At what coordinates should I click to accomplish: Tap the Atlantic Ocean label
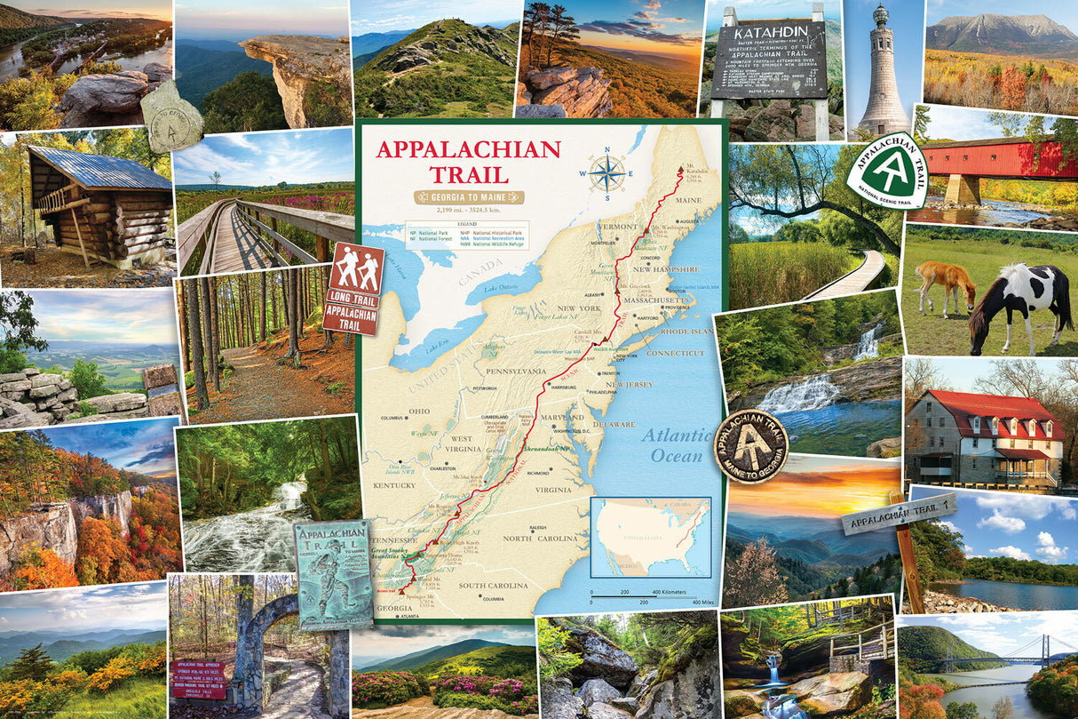677,445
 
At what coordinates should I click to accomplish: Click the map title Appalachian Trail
468,161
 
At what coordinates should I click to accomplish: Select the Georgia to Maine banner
468,197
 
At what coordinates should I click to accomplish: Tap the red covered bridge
995,164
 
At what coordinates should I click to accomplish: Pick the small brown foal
945,284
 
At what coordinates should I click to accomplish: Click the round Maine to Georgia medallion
752,445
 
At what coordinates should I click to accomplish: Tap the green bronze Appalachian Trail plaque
333,573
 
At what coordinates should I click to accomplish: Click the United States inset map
651,538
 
